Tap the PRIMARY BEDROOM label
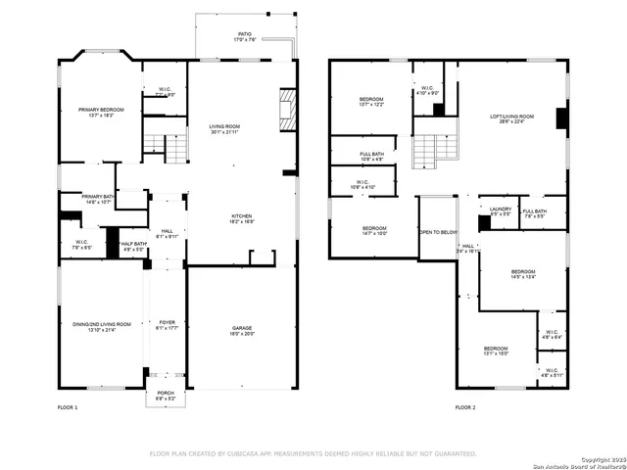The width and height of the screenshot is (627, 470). [x=101, y=112]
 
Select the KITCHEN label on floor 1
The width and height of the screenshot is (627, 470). [x=242, y=218]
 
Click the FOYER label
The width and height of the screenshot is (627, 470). [x=167, y=325]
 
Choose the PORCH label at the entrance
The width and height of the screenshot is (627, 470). [x=166, y=397]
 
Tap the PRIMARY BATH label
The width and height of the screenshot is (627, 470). [x=98, y=199]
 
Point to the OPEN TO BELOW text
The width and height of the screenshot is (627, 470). [x=438, y=232]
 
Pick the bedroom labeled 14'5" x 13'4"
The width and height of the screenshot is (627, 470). [x=522, y=274]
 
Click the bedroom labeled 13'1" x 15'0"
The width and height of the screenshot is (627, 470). [x=496, y=351]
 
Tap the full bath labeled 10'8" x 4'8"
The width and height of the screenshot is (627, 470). [x=371, y=157]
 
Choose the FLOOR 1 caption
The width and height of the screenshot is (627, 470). [x=68, y=406]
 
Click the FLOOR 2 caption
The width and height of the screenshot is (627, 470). [x=465, y=406]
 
